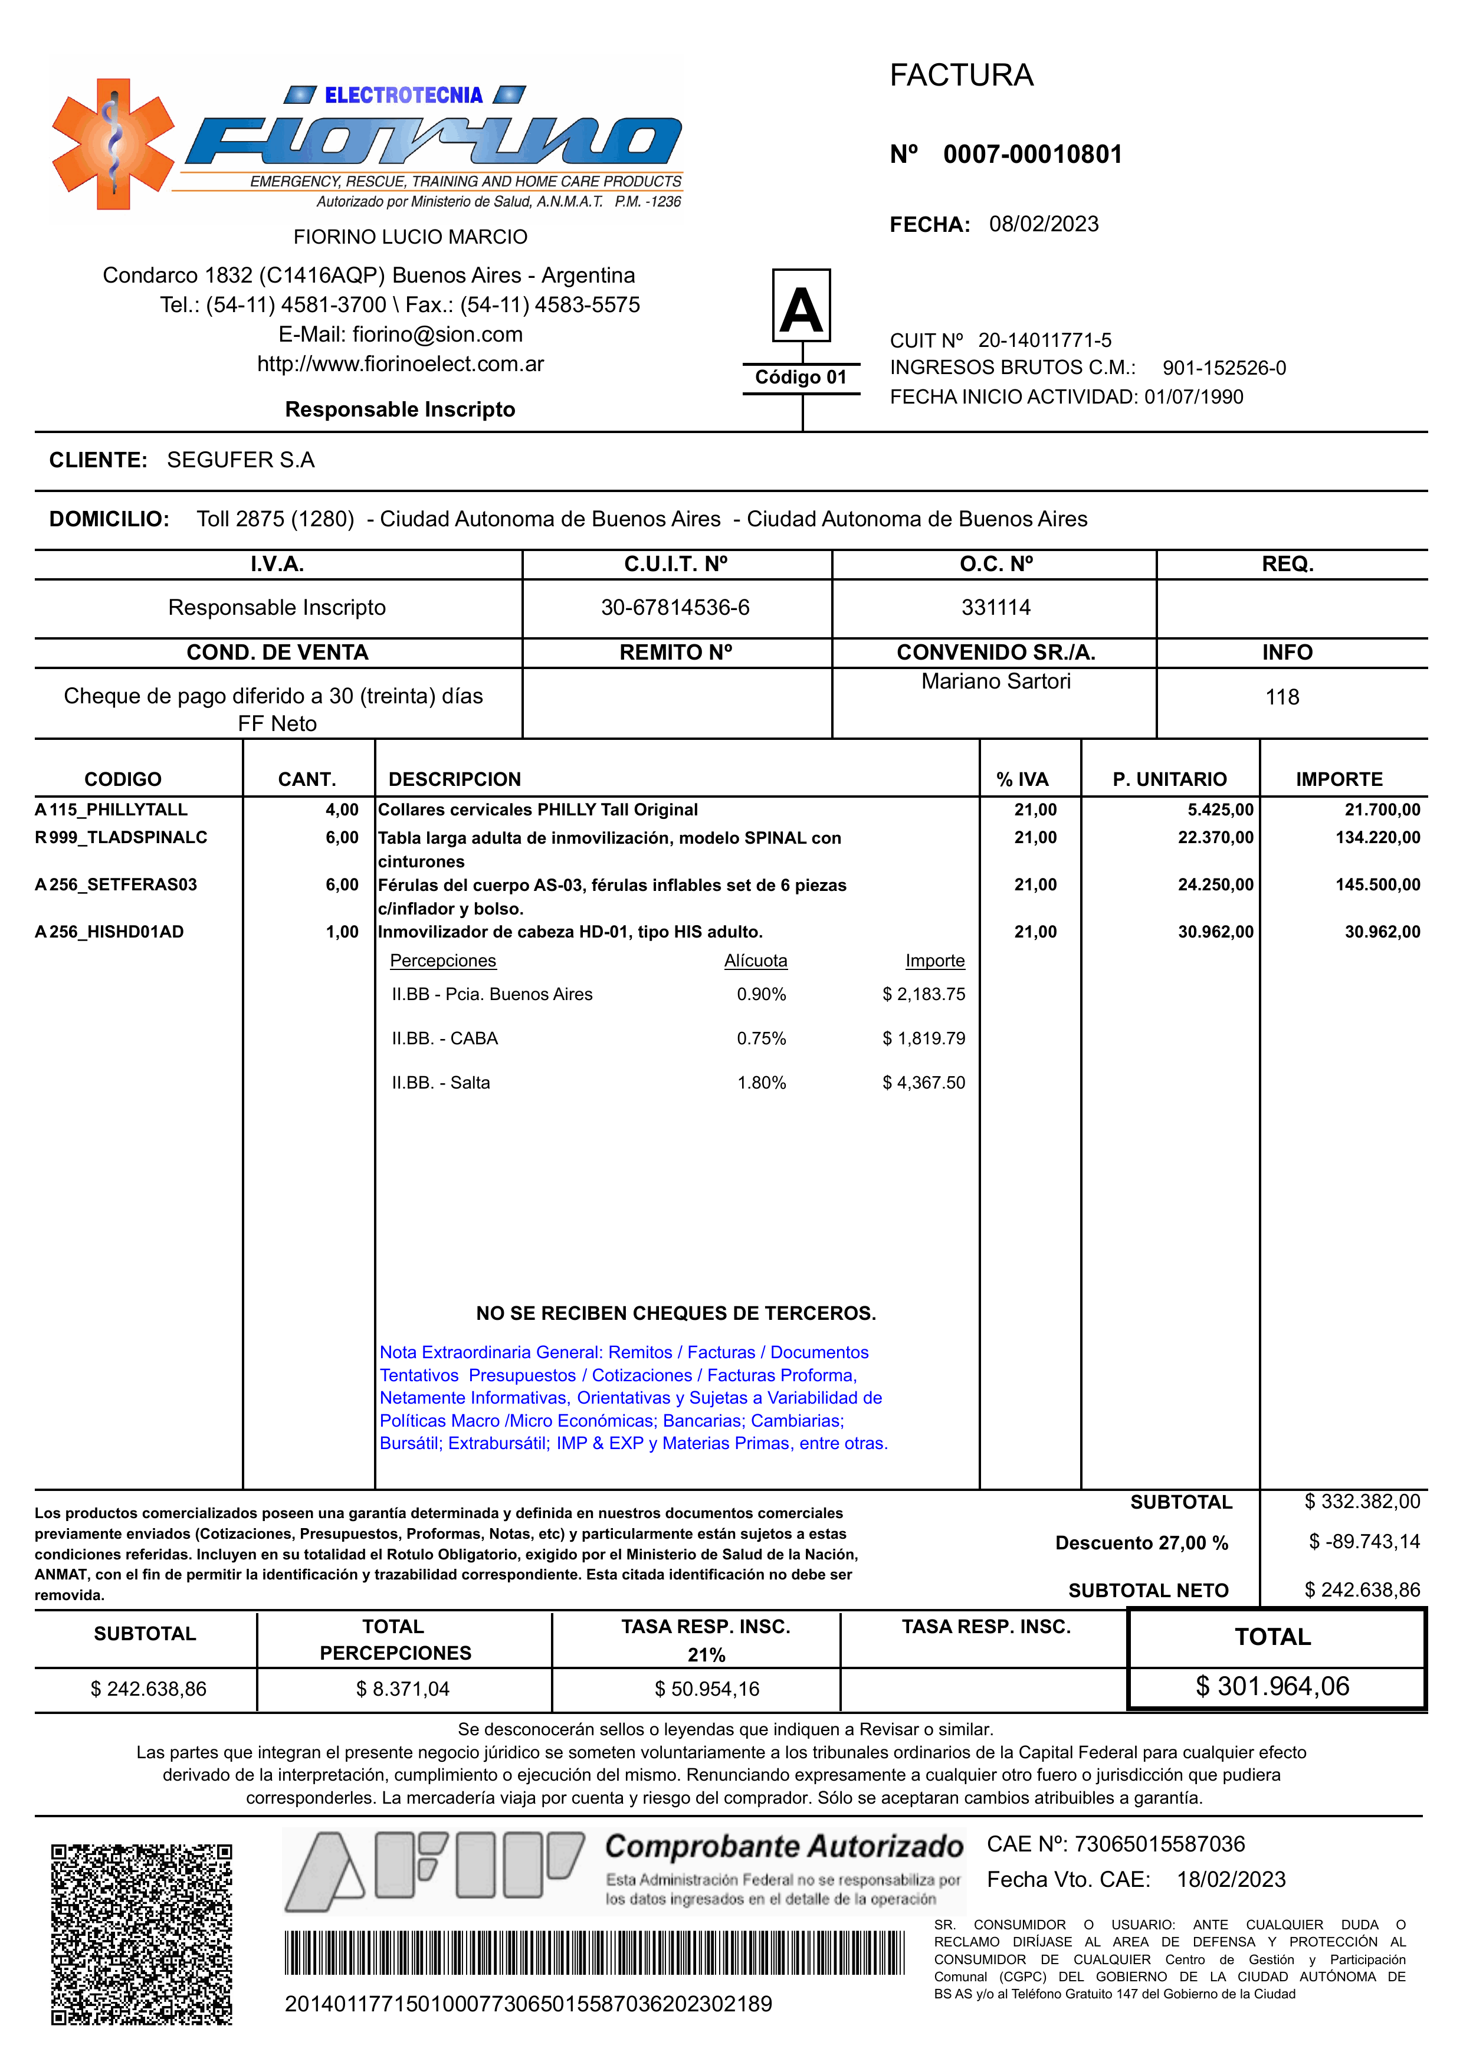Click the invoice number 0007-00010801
[1032, 154]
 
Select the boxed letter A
[801, 306]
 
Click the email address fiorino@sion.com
[438, 335]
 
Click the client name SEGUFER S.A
[241, 460]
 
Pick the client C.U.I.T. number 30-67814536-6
[675, 607]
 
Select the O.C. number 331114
[995, 607]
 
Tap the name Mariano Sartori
[995, 681]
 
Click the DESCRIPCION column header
[454, 779]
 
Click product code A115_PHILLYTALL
[111, 809]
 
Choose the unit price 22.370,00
[1215, 837]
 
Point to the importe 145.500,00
[1377, 884]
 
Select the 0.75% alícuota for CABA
[761, 1038]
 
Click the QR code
[142, 1933]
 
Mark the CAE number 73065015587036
[1159, 1844]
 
